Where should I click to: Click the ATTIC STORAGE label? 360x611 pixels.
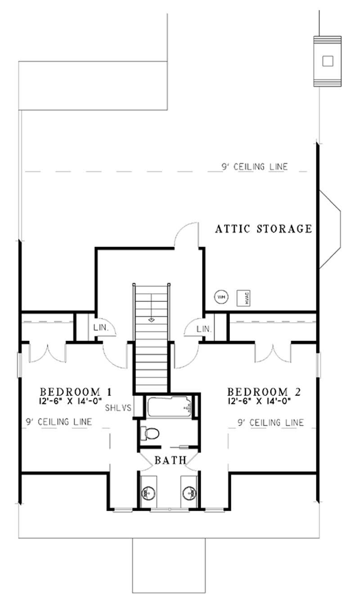[x=263, y=229]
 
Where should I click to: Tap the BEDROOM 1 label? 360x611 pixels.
[x=76, y=391]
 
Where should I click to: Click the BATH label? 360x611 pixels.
[x=171, y=460]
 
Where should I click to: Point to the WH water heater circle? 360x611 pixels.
[x=221, y=297]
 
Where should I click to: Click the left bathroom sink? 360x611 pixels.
[x=148, y=493]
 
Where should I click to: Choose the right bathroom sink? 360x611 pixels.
[x=189, y=493]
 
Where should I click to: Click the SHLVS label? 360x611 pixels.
[x=118, y=409]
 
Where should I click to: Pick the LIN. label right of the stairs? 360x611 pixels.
[x=204, y=329]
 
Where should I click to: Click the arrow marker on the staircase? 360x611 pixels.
[x=151, y=319]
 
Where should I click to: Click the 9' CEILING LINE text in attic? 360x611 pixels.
[x=254, y=167]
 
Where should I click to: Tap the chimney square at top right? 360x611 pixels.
[x=328, y=61]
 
